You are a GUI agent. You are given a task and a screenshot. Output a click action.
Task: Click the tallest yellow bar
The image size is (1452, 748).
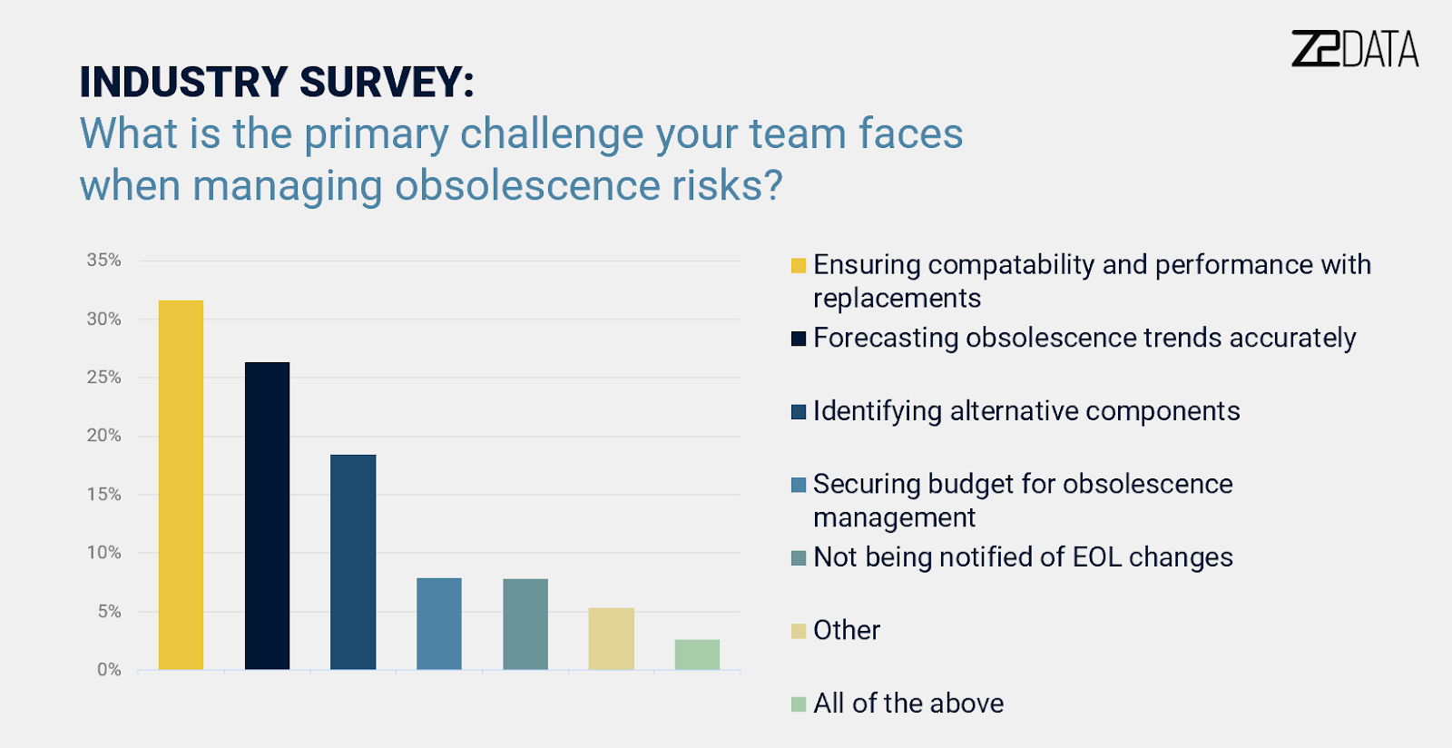181,485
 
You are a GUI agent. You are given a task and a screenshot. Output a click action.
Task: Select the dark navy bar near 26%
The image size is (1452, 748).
267,516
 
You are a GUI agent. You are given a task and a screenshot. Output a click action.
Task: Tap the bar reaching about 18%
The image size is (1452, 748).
353,562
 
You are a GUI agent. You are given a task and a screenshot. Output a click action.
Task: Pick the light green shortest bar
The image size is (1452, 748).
697,654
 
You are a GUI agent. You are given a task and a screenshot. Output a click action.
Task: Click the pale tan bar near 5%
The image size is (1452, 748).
611,639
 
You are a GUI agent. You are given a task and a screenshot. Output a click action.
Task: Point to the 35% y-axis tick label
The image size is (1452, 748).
103,261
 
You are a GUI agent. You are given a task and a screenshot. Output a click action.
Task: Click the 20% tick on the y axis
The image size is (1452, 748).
103,436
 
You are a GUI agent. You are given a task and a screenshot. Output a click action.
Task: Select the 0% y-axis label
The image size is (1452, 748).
109,670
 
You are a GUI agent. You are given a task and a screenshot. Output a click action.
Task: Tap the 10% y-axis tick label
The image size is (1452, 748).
103,553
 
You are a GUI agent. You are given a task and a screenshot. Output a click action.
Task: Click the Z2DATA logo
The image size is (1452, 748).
1354,49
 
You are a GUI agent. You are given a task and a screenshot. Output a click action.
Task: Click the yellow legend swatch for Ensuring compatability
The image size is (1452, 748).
799,266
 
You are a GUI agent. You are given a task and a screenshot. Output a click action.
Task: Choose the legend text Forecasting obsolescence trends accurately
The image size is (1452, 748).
1084,338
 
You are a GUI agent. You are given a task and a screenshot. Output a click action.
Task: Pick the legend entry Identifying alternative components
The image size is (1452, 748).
1025,411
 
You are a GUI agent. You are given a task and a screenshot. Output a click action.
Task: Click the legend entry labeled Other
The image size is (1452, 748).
846,630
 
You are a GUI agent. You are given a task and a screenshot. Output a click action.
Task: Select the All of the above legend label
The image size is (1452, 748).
907,704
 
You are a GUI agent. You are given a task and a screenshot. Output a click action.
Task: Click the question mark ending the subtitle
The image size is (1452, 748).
772,186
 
